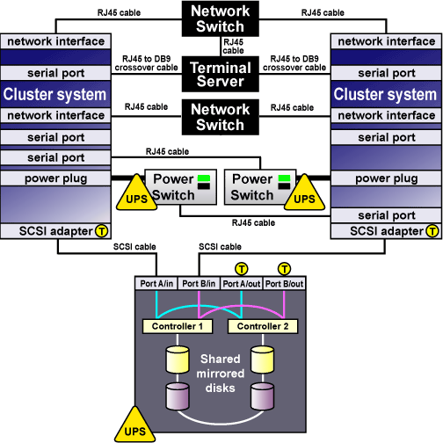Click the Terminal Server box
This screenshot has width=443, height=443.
pyautogui.click(x=221, y=74)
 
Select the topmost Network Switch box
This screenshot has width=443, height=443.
pyautogui.click(x=221, y=18)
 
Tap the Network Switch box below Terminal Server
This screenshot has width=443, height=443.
pyautogui.click(x=221, y=117)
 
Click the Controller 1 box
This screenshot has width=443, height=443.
pyautogui.click(x=178, y=326)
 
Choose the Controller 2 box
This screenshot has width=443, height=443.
pyautogui.click(x=263, y=326)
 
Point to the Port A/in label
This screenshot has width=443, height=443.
pyautogui.click(x=156, y=284)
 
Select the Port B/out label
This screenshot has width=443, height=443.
pyautogui.click(x=284, y=284)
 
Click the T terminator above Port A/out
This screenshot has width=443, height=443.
pyautogui.click(x=242, y=269)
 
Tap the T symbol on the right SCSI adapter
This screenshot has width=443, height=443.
pyautogui.click(x=432, y=231)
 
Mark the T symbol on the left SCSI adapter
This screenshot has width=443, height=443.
pyautogui.click(x=101, y=231)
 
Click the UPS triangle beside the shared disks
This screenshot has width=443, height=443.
pyautogui.click(x=135, y=426)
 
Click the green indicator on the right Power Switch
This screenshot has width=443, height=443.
pyautogui.click(x=284, y=178)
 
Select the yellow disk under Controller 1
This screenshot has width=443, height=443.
pyautogui.click(x=178, y=359)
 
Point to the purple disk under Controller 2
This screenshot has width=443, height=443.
pyautogui.click(x=263, y=396)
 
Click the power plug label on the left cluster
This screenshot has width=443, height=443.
pyautogui.click(x=55, y=178)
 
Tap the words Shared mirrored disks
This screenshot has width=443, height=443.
pyautogui.click(x=221, y=374)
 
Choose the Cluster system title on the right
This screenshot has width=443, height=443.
pyautogui.click(x=385, y=94)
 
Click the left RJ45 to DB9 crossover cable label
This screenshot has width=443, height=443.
pyautogui.click(x=146, y=63)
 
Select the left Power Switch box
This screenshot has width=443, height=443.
pyautogui.click(x=181, y=187)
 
